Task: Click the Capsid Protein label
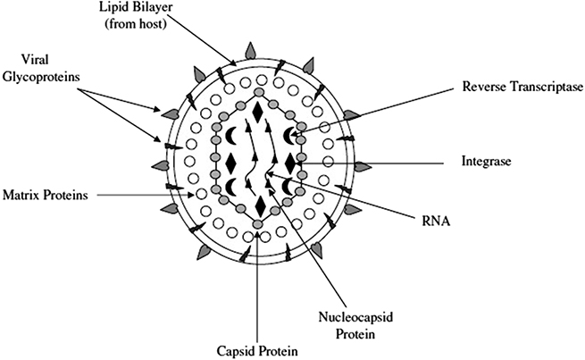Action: point(258,347)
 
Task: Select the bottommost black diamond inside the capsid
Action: point(259,207)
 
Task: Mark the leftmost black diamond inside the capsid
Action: point(230,163)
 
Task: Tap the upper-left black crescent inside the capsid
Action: point(230,135)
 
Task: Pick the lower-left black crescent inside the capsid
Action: point(230,187)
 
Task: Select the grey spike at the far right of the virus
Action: point(361,166)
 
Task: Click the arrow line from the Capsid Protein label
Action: point(258,286)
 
